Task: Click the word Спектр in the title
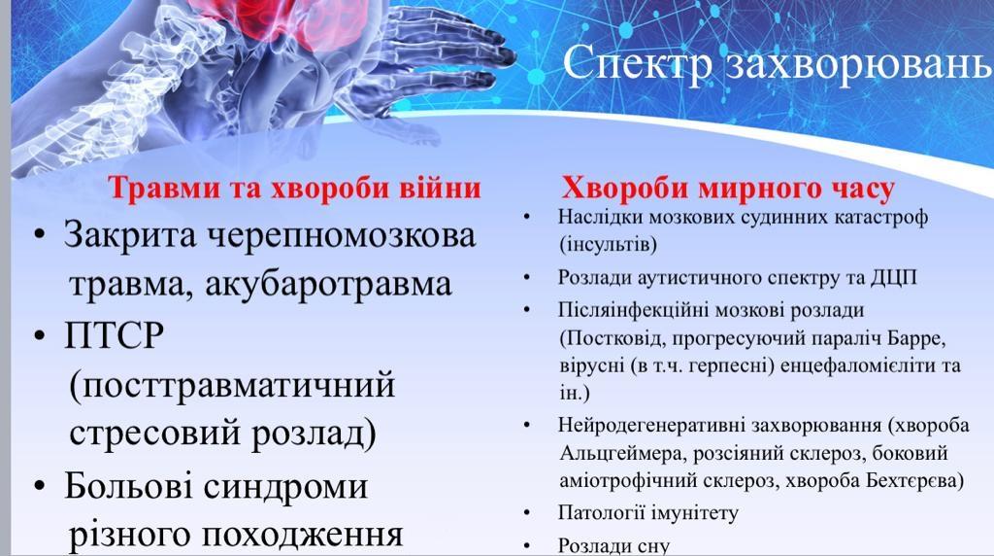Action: coord(637,64)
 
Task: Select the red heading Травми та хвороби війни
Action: coord(294,188)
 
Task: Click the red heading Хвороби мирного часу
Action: coord(728,189)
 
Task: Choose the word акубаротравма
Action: coord(328,285)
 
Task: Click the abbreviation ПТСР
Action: coord(115,335)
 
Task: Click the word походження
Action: coord(303,535)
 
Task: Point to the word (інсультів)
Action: coord(608,245)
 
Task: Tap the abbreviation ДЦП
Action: coord(894,278)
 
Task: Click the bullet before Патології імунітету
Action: coord(527,512)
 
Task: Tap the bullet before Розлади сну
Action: coord(527,545)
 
